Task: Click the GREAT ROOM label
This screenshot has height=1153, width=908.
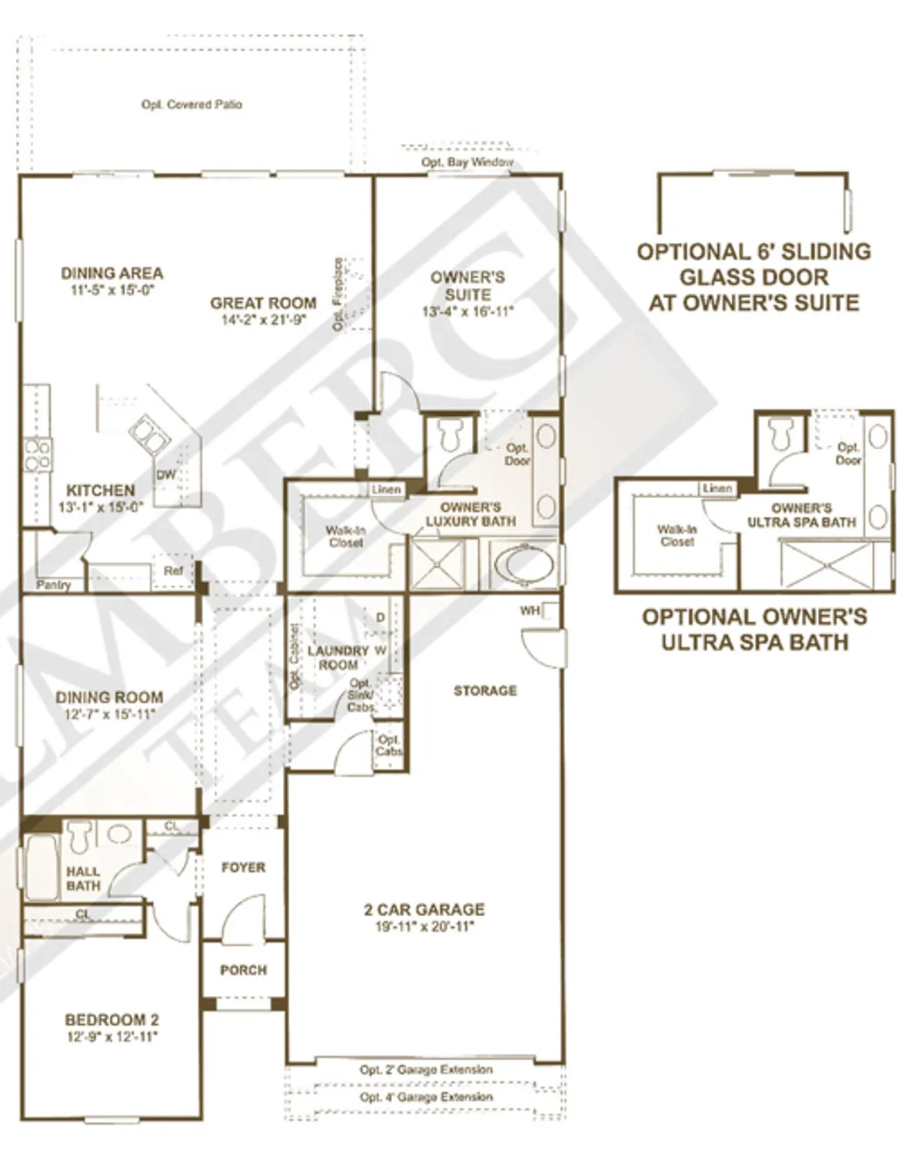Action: pyautogui.click(x=263, y=304)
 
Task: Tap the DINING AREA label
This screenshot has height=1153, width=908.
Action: pyautogui.click(x=111, y=273)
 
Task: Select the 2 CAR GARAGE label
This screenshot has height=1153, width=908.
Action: pyautogui.click(x=424, y=910)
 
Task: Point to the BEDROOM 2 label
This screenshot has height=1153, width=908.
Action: pyautogui.click(x=111, y=1020)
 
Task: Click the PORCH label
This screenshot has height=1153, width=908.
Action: pyautogui.click(x=243, y=970)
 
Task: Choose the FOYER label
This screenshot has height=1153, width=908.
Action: pyautogui.click(x=243, y=867)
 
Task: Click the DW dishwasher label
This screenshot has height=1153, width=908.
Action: pyautogui.click(x=166, y=475)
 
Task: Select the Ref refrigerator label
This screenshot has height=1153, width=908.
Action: pyautogui.click(x=173, y=571)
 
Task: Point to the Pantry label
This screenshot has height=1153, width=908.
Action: pyautogui.click(x=53, y=585)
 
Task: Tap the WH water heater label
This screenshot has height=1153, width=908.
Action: pyautogui.click(x=530, y=611)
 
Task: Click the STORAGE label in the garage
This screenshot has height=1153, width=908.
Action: pyautogui.click(x=484, y=691)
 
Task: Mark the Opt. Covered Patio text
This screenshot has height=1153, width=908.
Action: pyautogui.click(x=191, y=105)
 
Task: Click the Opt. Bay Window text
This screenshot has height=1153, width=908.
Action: pyautogui.click(x=467, y=162)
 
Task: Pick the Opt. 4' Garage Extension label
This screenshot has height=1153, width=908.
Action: pyautogui.click(x=426, y=1097)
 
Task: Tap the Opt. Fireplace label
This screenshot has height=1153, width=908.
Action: pyautogui.click(x=338, y=294)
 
